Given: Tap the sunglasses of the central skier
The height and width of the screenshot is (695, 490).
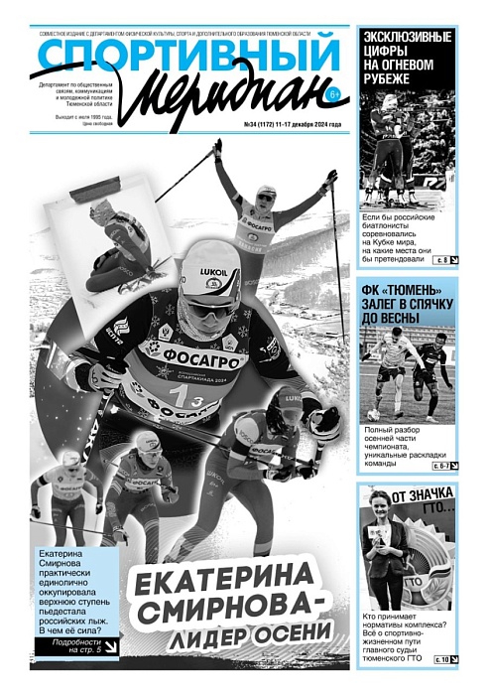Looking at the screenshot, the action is [211, 307].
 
